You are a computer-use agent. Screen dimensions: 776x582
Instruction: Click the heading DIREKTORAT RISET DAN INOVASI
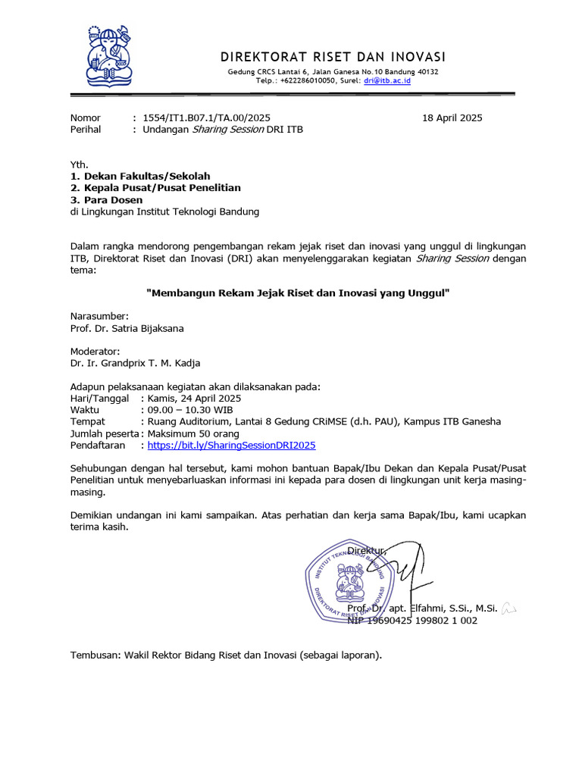coord(333,58)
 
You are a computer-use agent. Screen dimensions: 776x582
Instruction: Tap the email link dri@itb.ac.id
coord(386,80)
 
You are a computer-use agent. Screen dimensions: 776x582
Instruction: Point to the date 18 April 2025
coord(452,117)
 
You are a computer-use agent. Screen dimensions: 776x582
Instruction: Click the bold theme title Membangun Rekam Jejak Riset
coord(298,292)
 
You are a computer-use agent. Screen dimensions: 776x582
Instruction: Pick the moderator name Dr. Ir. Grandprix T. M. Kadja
coord(136,364)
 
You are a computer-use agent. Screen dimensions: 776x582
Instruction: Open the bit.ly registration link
coord(231,446)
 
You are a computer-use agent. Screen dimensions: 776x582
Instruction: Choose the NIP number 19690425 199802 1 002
coord(412,621)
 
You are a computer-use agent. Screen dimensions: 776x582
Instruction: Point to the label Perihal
coord(86,130)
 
